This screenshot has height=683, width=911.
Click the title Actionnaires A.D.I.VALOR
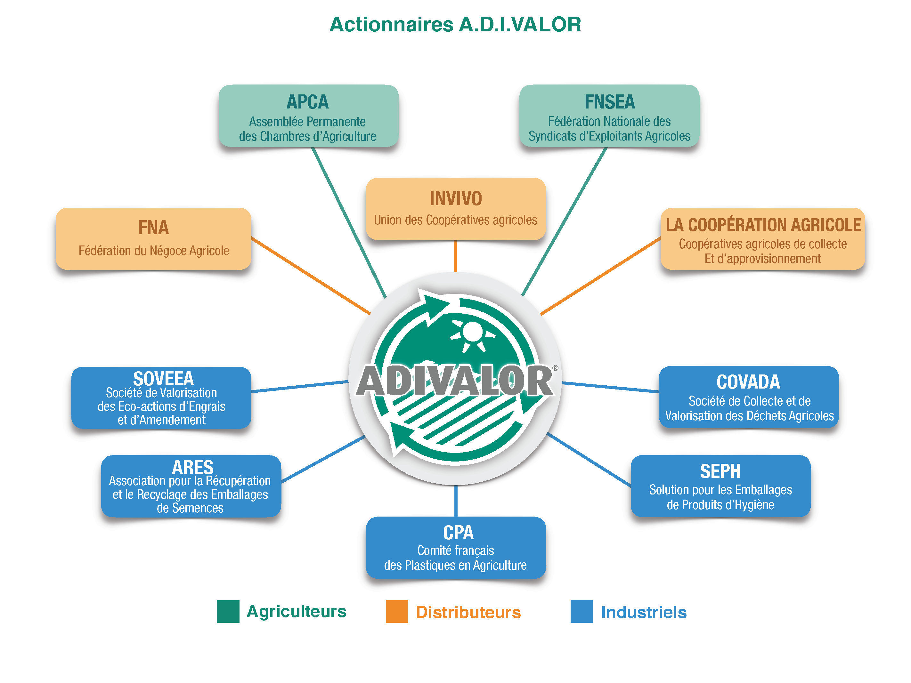(455, 24)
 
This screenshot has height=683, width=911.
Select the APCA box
(308, 116)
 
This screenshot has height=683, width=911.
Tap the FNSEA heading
(610, 102)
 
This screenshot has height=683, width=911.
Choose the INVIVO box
(455, 209)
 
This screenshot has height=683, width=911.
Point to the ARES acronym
(192, 467)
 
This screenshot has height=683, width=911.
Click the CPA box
(455, 548)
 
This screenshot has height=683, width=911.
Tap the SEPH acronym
(720, 471)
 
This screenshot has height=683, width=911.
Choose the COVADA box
(749, 397)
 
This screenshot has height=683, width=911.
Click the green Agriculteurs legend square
(228, 611)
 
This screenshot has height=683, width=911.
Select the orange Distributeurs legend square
(397, 611)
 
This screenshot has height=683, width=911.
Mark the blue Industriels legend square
(582, 611)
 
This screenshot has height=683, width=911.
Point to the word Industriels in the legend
(644, 612)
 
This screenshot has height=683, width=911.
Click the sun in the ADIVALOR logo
(472, 332)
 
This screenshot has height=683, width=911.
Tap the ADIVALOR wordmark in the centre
(455, 381)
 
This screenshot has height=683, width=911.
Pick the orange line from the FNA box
(311, 276)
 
